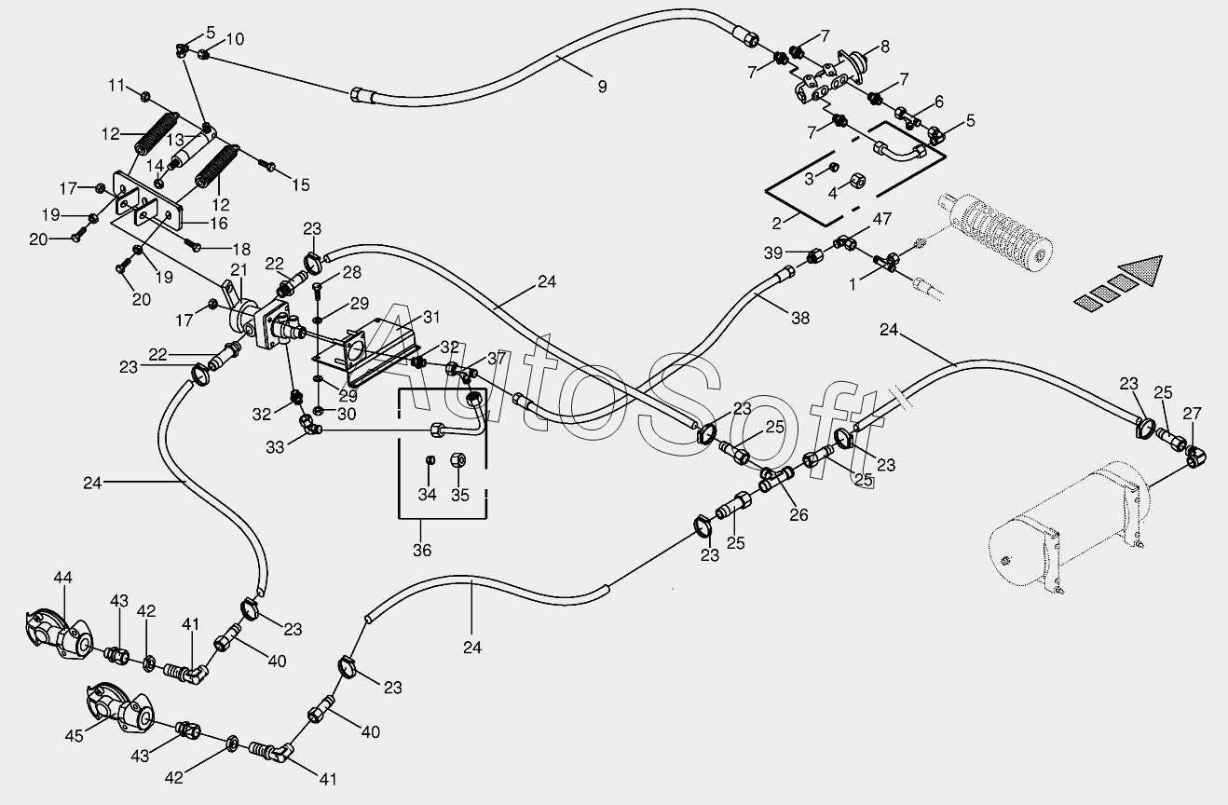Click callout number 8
(x=885, y=47)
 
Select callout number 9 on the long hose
(x=602, y=87)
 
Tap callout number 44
(x=62, y=577)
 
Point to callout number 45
(x=74, y=735)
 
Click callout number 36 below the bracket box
(x=422, y=550)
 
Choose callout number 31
(x=431, y=317)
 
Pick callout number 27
(x=1192, y=414)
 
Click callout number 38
(x=800, y=318)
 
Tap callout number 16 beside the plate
(x=219, y=224)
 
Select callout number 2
(x=776, y=224)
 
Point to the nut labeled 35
(x=457, y=459)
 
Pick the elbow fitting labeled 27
(x=1194, y=458)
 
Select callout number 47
(x=882, y=219)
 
